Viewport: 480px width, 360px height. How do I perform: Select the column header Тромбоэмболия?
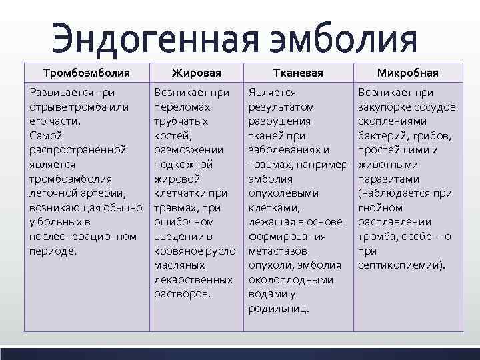86,72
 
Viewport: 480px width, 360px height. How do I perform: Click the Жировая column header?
196,72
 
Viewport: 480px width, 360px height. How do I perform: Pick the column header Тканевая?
298,72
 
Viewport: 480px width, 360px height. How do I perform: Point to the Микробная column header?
407,72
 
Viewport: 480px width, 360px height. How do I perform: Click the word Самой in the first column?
45,135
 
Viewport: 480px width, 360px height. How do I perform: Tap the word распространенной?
71,150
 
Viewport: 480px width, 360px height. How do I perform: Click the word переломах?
181,107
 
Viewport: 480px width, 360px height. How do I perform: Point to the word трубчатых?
181,121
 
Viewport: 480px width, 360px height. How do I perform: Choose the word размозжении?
187,150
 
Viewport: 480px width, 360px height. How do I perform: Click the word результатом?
281,107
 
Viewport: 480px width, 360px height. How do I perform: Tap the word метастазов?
277,251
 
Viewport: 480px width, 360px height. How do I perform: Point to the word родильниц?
278,309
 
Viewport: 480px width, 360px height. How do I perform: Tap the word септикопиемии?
401,265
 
